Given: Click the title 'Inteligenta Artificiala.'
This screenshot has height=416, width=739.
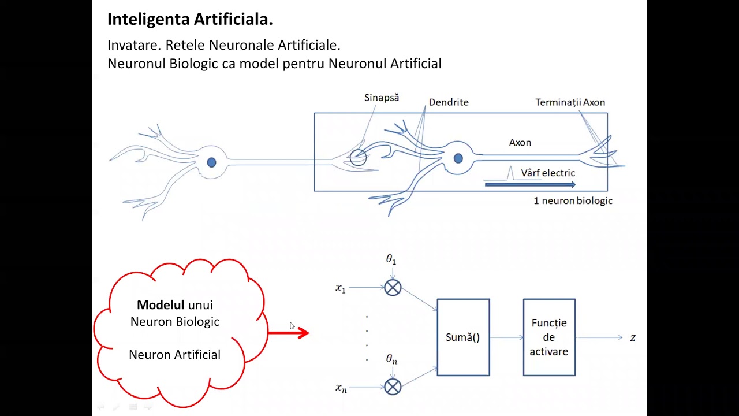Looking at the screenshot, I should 190,20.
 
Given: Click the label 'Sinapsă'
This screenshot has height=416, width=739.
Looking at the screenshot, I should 382,98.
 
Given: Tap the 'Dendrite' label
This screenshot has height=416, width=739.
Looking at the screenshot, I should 449,102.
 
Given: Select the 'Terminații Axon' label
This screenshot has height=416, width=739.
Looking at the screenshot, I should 570,102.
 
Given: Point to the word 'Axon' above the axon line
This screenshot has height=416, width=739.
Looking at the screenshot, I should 520,143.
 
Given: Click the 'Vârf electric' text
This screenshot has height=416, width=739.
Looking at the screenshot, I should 548,173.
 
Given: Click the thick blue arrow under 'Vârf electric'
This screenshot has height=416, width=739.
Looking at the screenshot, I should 530,185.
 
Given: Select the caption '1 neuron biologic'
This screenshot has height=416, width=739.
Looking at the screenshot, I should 573,201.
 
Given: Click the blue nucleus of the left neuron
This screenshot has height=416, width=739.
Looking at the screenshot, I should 211,163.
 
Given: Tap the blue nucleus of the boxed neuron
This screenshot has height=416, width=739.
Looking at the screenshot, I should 458,158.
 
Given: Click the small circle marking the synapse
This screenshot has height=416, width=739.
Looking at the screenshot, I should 358,158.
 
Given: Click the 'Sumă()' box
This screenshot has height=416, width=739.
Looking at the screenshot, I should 463,337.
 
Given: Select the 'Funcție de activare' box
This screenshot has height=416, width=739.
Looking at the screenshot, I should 549,337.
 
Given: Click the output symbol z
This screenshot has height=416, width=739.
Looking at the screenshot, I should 633,337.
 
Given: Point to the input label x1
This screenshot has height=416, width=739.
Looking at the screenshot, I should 341,288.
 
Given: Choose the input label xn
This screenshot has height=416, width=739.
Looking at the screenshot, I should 341,388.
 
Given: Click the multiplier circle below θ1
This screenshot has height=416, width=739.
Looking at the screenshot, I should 393,288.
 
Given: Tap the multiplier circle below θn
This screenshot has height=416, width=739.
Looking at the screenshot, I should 393,387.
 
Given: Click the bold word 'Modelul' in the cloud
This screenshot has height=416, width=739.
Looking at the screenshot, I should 161,305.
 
